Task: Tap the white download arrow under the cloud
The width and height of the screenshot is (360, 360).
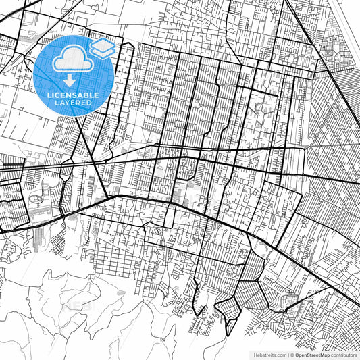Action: [x=69, y=80]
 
